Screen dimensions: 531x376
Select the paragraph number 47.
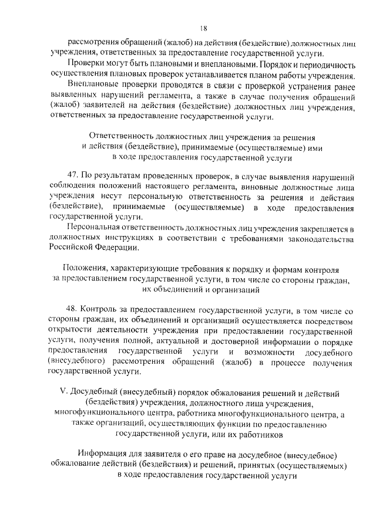pyautogui.click(x=72, y=175)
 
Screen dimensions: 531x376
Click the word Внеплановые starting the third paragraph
pyautogui.click(x=90, y=83)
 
